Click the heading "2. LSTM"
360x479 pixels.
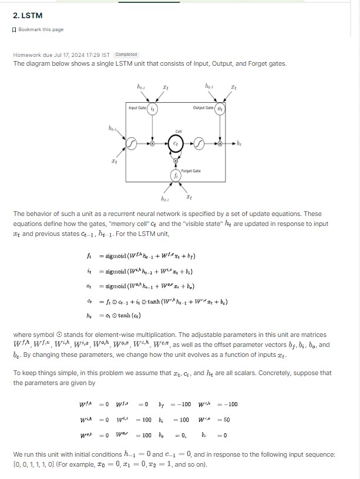tap(27, 15)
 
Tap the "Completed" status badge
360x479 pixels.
tap(126, 55)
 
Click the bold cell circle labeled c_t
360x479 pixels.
tap(175, 142)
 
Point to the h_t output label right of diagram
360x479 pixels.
tap(240, 143)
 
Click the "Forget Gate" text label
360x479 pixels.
tap(191, 171)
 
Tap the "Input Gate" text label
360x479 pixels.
tap(137, 107)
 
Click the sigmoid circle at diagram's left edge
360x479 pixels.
tap(133, 143)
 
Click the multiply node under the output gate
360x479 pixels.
tap(220, 143)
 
